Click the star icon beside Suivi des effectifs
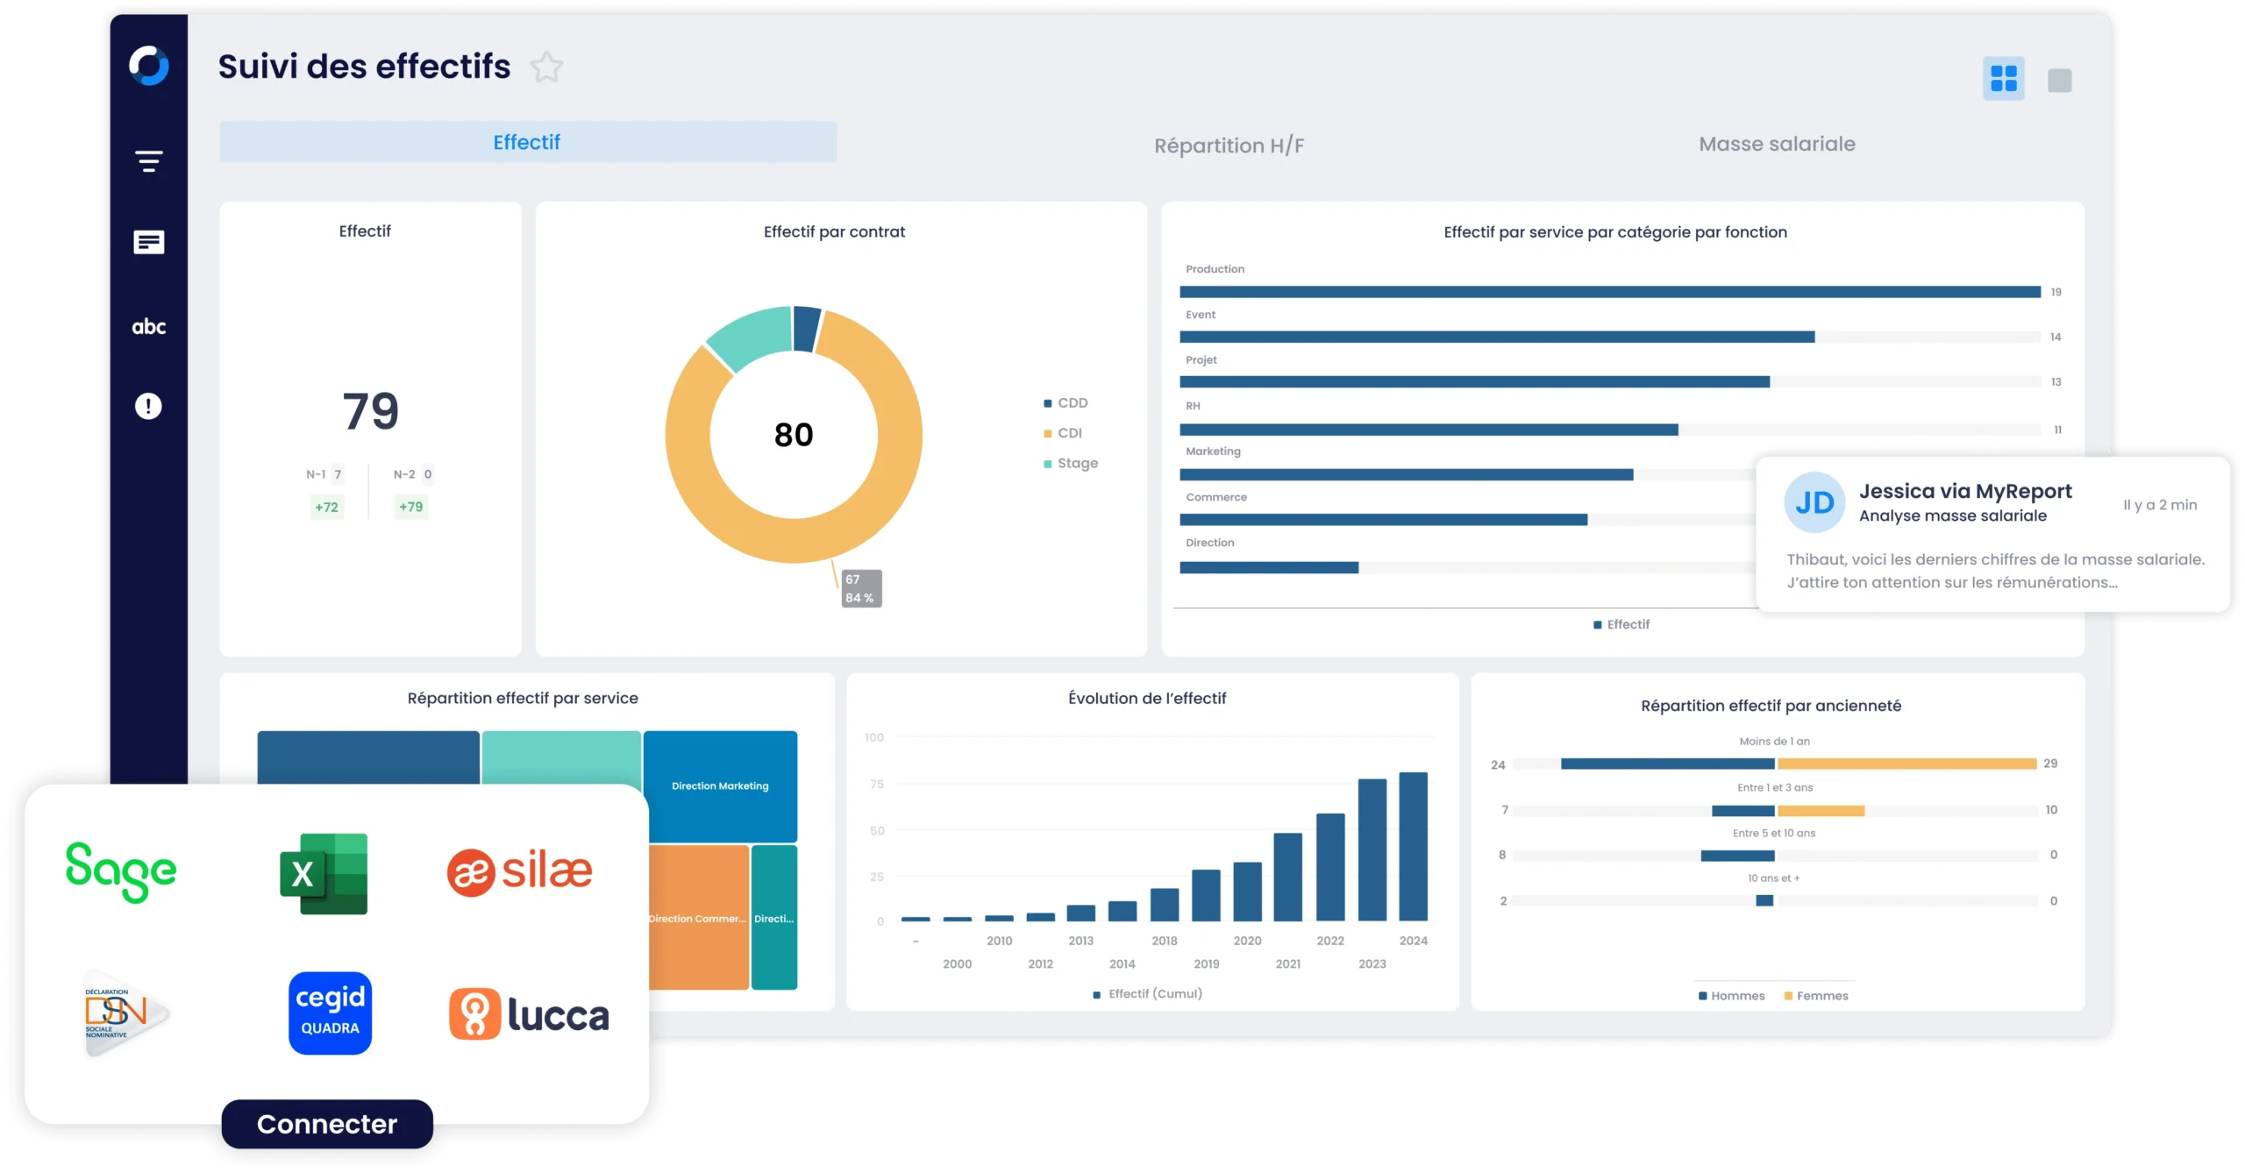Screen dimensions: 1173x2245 [x=546, y=68]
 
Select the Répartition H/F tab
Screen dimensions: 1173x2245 [x=1229, y=146]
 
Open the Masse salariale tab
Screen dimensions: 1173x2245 [x=1777, y=144]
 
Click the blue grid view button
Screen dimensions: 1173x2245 [x=2003, y=79]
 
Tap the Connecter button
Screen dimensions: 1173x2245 [x=327, y=1124]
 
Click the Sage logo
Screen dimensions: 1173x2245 [x=121, y=871]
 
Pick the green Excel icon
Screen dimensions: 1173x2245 [x=324, y=873]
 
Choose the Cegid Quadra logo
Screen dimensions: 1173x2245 [x=330, y=1013]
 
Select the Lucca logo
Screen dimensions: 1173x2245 [x=529, y=1015]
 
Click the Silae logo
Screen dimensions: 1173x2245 [x=520, y=871]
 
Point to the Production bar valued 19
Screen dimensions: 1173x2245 [x=1609, y=292]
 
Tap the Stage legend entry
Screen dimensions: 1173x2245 [x=1076, y=463]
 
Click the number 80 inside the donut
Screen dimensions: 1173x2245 [x=794, y=435]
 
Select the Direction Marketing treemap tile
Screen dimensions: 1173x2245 [x=720, y=786]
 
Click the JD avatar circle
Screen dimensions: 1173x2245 [x=1814, y=502]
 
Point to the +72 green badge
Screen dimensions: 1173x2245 [x=326, y=507]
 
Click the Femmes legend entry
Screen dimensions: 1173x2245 [x=1821, y=996]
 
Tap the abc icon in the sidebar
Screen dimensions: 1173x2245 [x=148, y=327]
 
